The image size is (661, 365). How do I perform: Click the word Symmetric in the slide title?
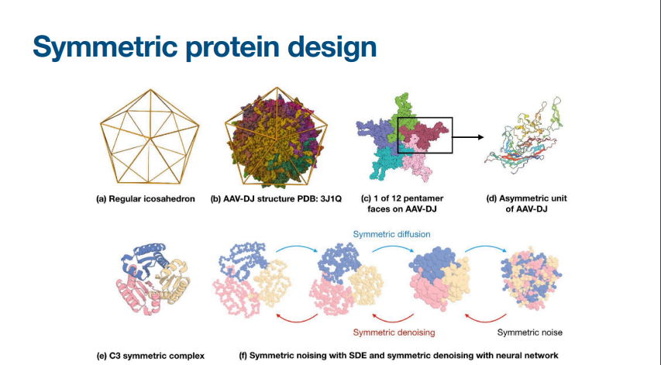coord(105,46)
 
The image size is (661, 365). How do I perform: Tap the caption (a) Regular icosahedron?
coord(146,198)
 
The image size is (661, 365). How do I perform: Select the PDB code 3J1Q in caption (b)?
coord(332,198)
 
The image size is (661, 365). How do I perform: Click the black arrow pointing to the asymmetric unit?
coord(468,137)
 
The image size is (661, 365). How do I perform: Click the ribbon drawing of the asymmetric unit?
coord(525,134)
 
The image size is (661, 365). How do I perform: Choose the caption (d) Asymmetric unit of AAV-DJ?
coord(526,203)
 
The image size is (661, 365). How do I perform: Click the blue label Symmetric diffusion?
coord(391,234)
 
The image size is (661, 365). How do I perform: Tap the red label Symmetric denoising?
coord(394,332)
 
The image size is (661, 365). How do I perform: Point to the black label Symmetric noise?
coord(529,332)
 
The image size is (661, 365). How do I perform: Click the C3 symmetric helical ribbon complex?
coord(153,279)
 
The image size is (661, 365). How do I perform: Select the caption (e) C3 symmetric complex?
coord(150,356)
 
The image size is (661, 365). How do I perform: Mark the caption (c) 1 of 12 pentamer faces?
coord(401,203)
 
